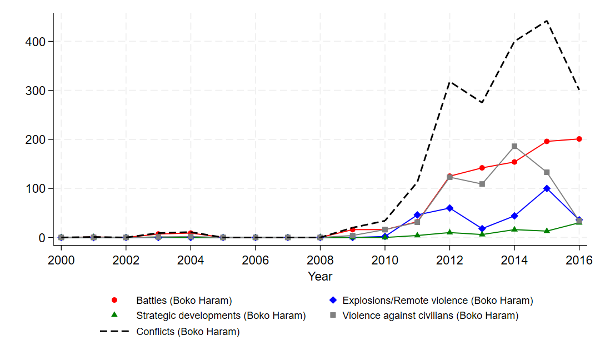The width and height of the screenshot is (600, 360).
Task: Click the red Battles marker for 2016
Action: pos(579,139)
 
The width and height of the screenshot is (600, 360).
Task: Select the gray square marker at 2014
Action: pos(514,146)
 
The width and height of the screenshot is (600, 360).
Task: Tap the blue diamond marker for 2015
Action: pos(547,188)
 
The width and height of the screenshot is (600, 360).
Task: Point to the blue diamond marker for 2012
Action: pos(449,208)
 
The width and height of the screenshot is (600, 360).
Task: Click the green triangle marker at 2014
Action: pos(514,229)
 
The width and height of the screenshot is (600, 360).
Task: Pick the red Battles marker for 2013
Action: pos(482,168)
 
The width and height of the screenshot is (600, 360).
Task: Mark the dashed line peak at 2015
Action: pos(547,21)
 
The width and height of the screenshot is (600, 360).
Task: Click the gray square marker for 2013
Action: pos(482,184)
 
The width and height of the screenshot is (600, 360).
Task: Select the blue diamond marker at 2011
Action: pos(417,214)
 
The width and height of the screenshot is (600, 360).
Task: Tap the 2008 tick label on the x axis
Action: pos(320,259)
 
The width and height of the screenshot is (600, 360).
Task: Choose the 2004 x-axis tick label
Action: pos(191,259)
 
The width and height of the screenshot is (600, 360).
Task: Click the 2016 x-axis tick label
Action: pos(579,259)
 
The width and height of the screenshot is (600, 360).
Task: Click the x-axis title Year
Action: pos(320,276)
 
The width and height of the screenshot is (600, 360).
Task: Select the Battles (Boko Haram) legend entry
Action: pos(183,301)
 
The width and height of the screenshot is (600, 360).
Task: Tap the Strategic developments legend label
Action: pos(221,316)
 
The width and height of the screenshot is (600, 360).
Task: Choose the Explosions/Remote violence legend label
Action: pos(437,301)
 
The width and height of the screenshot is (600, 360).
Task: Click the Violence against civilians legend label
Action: pos(430,316)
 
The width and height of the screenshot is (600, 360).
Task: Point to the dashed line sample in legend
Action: pos(115,332)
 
